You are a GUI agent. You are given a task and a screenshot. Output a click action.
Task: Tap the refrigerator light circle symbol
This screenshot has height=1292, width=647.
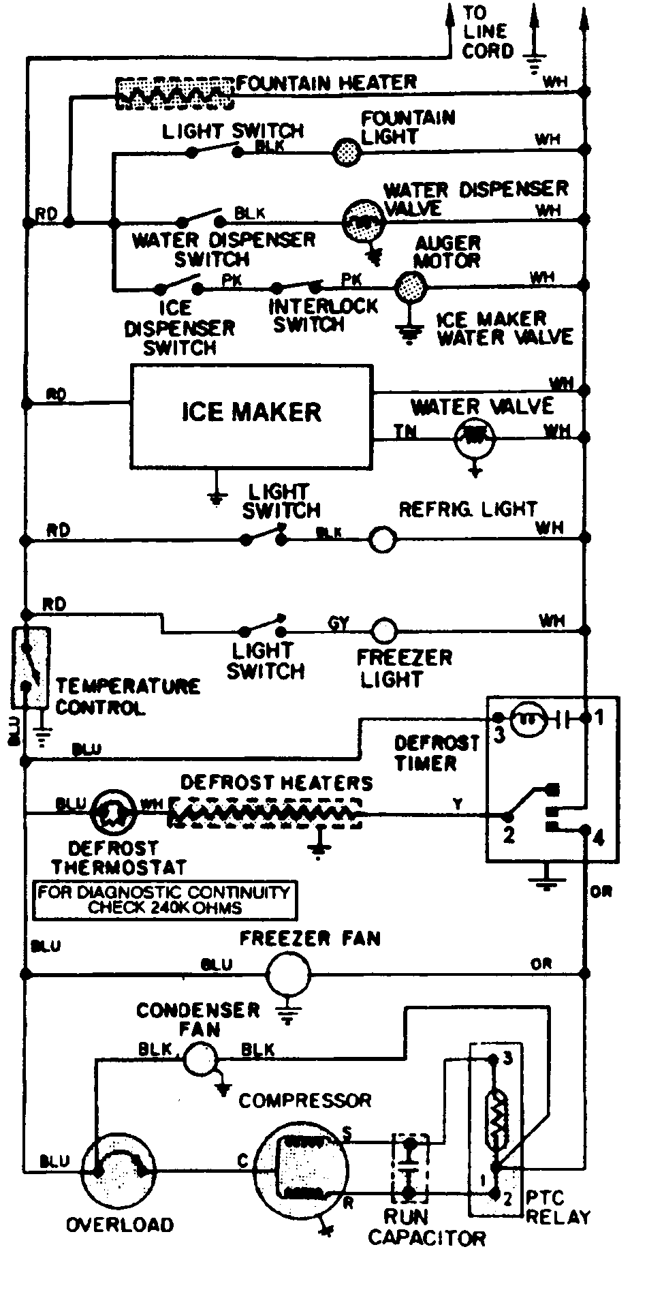(382, 540)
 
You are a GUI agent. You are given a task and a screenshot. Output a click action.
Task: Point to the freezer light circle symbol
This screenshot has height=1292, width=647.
(383, 630)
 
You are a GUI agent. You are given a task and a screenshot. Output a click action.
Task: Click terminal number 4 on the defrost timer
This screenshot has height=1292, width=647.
(599, 837)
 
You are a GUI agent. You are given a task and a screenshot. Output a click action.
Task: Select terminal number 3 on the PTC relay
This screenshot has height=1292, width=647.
(507, 1058)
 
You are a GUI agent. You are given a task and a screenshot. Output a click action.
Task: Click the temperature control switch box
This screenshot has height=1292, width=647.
(30, 667)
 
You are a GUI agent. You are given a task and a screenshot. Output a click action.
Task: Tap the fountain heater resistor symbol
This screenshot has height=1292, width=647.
(174, 93)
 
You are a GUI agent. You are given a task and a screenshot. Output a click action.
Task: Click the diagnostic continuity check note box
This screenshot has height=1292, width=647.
(165, 899)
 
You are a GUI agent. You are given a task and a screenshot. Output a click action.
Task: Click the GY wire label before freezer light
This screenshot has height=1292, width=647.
(338, 623)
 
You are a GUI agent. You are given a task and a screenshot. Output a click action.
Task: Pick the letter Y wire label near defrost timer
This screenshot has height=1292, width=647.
(459, 805)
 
